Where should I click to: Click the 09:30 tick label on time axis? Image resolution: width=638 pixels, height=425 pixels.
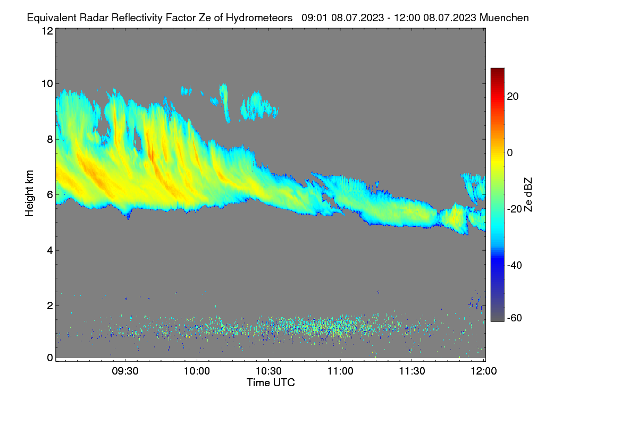point(125,371)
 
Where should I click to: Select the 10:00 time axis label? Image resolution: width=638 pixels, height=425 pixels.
point(197,371)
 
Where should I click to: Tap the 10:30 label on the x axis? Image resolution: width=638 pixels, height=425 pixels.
point(268,371)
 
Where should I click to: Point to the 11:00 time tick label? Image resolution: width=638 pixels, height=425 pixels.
point(340,371)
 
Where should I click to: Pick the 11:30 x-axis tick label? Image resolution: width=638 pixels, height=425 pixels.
point(412,371)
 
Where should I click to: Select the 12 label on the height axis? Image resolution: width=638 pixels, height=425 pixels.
point(47,31)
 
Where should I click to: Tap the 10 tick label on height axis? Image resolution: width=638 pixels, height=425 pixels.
point(47,83)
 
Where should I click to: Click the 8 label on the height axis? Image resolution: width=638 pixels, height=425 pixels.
point(49,139)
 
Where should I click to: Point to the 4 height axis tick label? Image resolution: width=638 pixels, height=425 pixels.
point(49,250)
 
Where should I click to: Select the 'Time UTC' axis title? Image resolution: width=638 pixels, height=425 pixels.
point(270,382)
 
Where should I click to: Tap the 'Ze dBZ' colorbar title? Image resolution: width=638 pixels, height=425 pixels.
point(528,194)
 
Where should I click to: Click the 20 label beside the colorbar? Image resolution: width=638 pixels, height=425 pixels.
point(513,97)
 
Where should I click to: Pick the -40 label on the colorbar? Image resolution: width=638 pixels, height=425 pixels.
point(515,265)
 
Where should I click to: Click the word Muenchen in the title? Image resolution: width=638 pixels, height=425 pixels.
point(504,18)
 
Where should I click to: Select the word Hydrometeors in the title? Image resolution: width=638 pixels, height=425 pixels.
point(259,18)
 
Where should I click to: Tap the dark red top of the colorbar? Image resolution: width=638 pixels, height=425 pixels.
point(497,71)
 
